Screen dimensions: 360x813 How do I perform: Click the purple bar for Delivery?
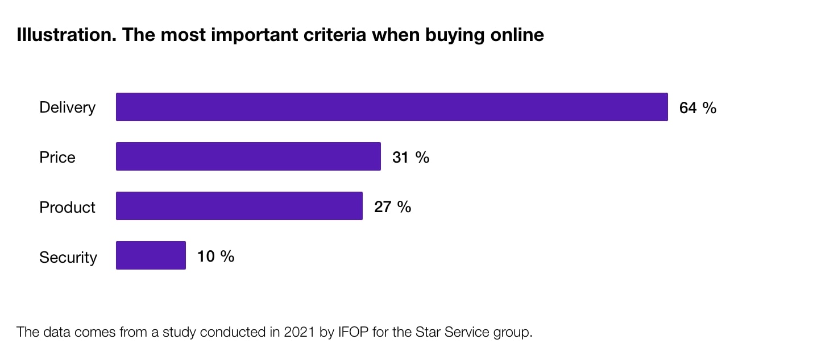point(392,107)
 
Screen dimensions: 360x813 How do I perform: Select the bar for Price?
point(248,156)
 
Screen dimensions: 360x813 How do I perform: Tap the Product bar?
point(239,206)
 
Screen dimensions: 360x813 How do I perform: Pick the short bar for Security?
point(151,255)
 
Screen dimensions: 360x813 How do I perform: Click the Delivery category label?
point(67,107)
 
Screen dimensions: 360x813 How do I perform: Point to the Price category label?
point(57,157)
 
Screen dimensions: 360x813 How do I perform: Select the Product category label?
point(67,207)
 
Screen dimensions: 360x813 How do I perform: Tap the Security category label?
point(68,257)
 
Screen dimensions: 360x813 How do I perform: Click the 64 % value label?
point(698,107)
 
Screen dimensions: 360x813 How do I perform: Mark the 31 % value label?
point(410,157)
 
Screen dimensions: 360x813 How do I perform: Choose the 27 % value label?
point(392,206)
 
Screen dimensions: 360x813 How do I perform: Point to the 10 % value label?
point(215,256)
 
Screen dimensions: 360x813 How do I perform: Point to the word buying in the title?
point(450,35)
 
